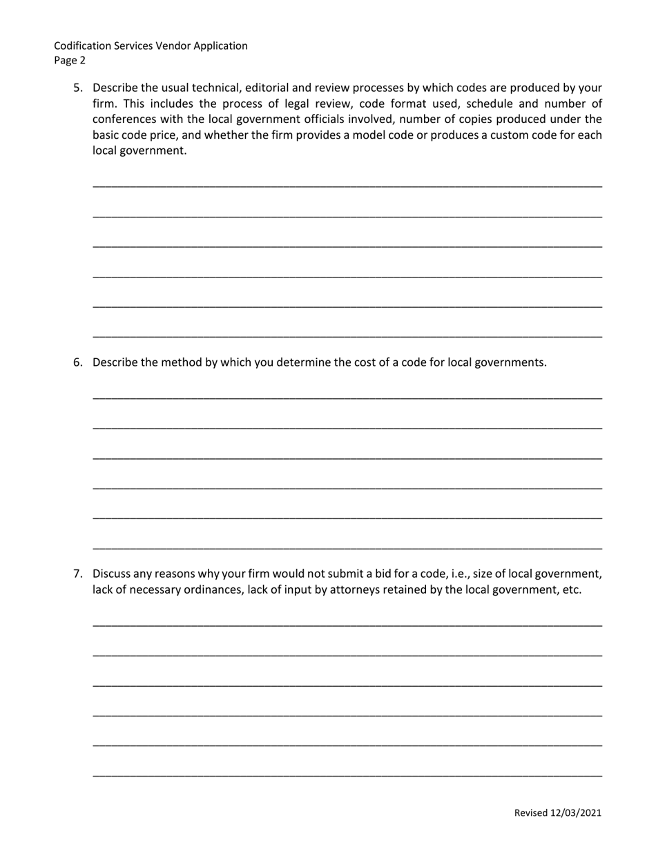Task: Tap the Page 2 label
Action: (x=70, y=60)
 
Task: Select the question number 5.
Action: (x=77, y=88)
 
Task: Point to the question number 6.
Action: (x=77, y=362)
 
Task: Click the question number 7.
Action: (x=77, y=574)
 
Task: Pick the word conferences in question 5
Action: (x=122, y=119)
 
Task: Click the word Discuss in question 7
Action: (x=112, y=574)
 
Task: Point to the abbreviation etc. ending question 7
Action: (x=571, y=589)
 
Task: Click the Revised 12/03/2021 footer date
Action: (x=557, y=813)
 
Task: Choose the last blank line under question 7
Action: (x=347, y=776)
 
